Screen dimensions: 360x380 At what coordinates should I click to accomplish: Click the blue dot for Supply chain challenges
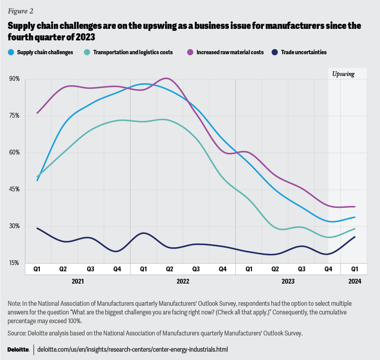click(x=10, y=52)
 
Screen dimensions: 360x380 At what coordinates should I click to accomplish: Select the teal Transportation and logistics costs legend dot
click(x=87, y=52)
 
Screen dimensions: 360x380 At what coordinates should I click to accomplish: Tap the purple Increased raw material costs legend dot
click(x=190, y=52)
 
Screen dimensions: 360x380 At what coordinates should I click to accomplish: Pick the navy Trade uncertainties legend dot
click(x=275, y=52)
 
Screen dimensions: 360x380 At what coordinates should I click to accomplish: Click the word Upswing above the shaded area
click(x=343, y=74)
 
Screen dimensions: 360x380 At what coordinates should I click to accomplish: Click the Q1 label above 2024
click(x=355, y=269)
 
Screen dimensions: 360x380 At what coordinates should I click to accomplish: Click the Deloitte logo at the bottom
click(x=19, y=349)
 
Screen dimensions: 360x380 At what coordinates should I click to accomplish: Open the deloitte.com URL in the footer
click(x=133, y=349)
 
